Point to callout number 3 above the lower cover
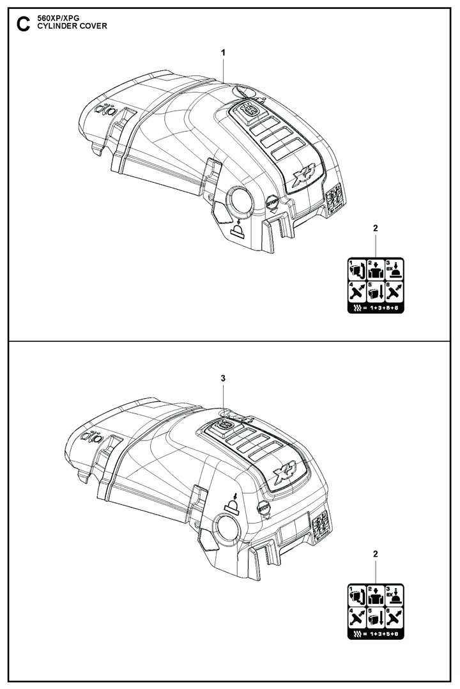223,378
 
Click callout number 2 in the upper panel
375,228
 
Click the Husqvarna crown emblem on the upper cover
249,110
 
